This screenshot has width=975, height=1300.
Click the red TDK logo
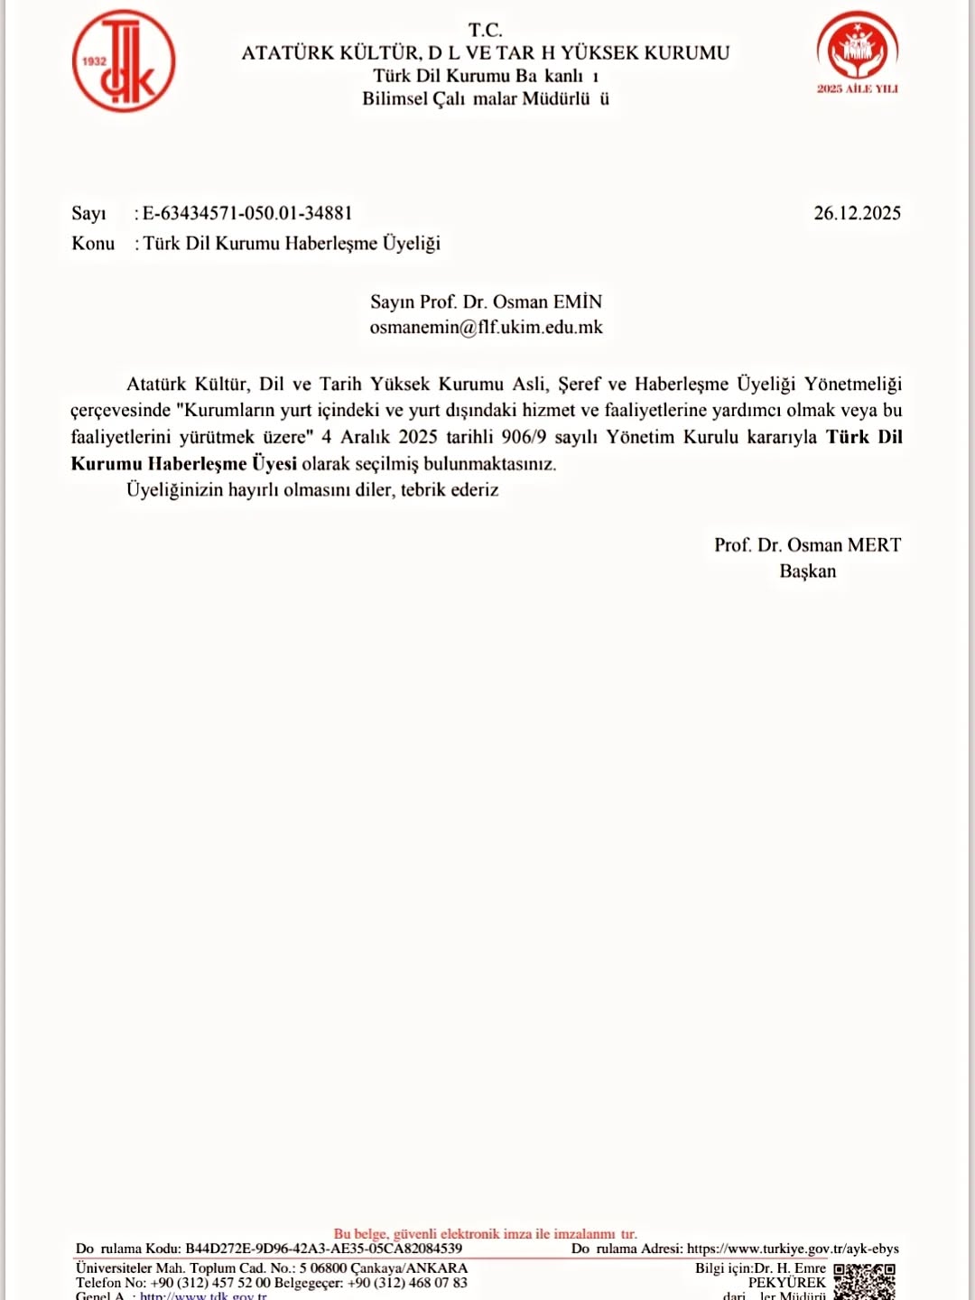124,61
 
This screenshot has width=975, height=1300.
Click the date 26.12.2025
857,213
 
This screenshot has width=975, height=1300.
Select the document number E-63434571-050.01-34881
247,213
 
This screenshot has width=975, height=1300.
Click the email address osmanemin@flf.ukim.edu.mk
486,328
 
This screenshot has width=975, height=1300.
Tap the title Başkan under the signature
808,571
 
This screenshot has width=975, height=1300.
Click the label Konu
93,244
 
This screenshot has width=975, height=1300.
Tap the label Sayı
88,213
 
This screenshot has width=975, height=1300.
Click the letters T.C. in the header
486,30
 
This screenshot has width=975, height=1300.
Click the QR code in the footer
864,1281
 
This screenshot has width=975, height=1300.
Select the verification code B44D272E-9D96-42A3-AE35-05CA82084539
323,1249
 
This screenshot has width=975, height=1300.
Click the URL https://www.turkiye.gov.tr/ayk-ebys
793,1249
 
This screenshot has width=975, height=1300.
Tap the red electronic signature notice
485,1233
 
